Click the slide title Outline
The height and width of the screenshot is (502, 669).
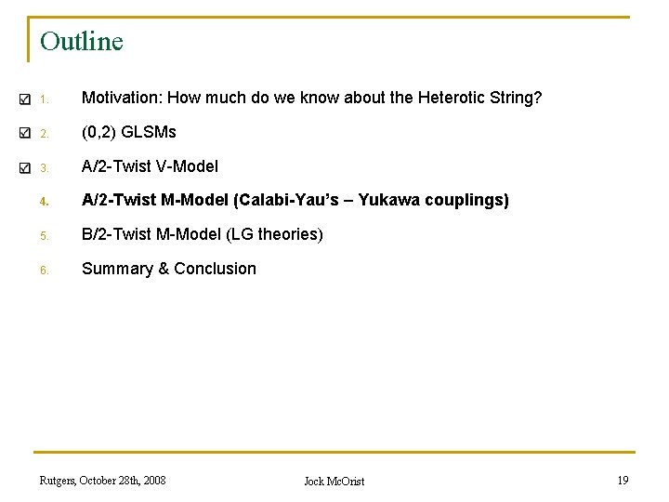coord(82,42)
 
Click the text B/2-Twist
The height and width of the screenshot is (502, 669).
coord(115,234)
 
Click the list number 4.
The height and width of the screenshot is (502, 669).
coord(43,201)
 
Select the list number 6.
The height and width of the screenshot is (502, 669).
coord(43,270)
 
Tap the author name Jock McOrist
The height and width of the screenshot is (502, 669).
coord(334,482)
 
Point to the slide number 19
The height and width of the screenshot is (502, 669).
coord(623,481)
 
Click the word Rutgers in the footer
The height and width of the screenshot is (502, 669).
coord(58,481)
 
